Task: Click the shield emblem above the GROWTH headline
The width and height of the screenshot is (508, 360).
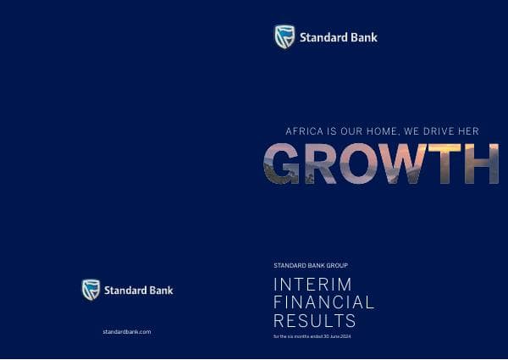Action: pyautogui.click(x=284, y=36)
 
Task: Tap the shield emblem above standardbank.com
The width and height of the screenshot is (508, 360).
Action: pyautogui.click(x=91, y=290)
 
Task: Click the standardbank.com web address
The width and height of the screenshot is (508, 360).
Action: pyautogui.click(x=126, y=331)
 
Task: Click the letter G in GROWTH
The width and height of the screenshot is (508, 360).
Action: pyautogui.click(x=284, y=163)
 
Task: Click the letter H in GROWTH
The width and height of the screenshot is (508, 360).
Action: pyautogui.click(x=483, y=163)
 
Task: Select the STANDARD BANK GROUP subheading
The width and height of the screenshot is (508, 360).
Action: pyautogui.click(x=310, y=265)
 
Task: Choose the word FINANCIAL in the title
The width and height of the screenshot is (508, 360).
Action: pyautogui.click(x=323, y=302)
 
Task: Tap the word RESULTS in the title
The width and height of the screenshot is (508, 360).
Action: pyautogui.click(x=315, y=321)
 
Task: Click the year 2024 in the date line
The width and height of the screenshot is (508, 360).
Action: pyautogui.click(x=345, y=337)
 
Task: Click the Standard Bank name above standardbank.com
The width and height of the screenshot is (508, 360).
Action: pyautogui.click(x=139, y=290)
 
